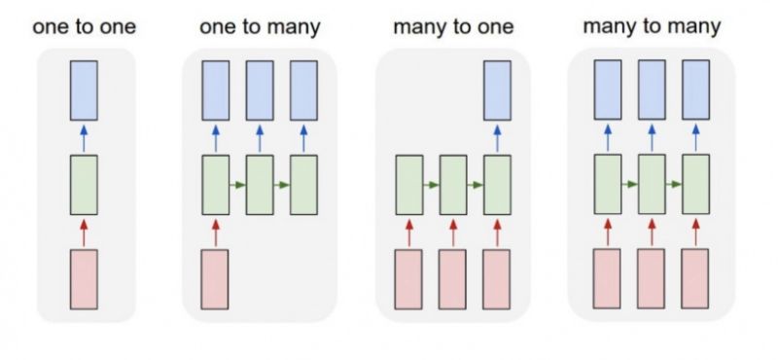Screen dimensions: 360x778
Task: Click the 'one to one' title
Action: pos(85,26)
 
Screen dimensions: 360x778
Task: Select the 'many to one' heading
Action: pos(451,26)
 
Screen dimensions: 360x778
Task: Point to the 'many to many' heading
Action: pos(652,26)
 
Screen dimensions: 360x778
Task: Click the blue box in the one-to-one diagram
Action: pos(85,90)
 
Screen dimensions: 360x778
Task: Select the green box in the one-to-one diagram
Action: pos(85,185)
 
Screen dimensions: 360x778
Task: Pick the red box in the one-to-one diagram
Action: pos(85,279)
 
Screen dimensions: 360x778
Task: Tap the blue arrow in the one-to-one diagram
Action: pos(85,137)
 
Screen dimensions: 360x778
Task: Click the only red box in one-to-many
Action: pos(215,279)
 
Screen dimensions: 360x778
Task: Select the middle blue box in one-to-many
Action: pos(260,90)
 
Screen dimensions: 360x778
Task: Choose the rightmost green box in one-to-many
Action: pos(304,185)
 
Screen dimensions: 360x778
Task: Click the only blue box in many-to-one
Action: pos(497,90)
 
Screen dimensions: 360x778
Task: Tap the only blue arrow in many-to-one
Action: pos(497,137)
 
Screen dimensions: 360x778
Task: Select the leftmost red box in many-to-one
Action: pos(408,279)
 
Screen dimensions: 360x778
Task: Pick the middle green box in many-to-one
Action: pos(453,185)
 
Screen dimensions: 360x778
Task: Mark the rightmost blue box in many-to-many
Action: pos(695,90)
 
